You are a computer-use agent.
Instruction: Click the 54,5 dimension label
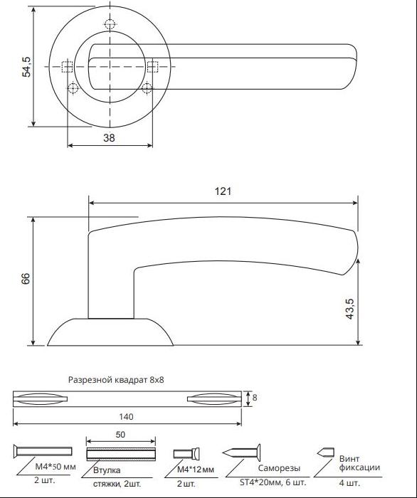click(26, 67)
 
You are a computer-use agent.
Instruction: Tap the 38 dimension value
click(110, 138)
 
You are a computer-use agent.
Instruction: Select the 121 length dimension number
click(223, 191)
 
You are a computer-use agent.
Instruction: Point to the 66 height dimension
click(26, 278)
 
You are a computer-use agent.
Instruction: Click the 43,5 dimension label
click(349, 309)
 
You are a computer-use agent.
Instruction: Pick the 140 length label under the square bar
click(126, 417)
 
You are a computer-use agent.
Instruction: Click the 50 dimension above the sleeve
click(120, 435)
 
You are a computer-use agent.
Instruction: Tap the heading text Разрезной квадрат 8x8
click(116, 380)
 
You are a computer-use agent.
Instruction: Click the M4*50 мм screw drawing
click(43, 451)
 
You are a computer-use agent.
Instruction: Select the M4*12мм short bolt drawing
click(186, 454)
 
